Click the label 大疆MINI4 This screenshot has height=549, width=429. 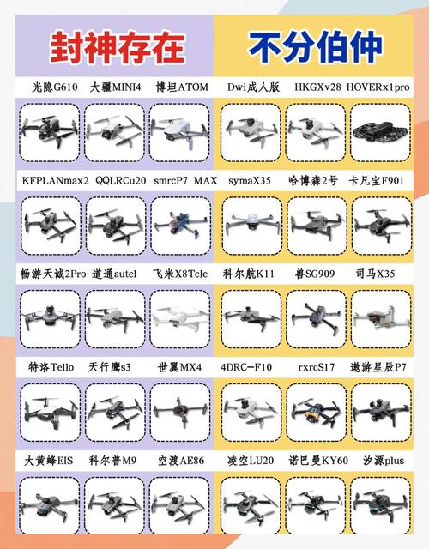[x=117, y=87]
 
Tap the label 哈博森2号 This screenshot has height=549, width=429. [x=313, y=182]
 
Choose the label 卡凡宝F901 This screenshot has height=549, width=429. [x=378, y=182]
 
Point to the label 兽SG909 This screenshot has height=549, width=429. [x=313, y=274]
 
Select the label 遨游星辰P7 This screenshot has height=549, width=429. [x=378, y=366]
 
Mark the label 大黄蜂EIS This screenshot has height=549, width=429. [x=51, y=461]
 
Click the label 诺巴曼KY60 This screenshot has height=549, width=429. [x=313, y=461]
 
